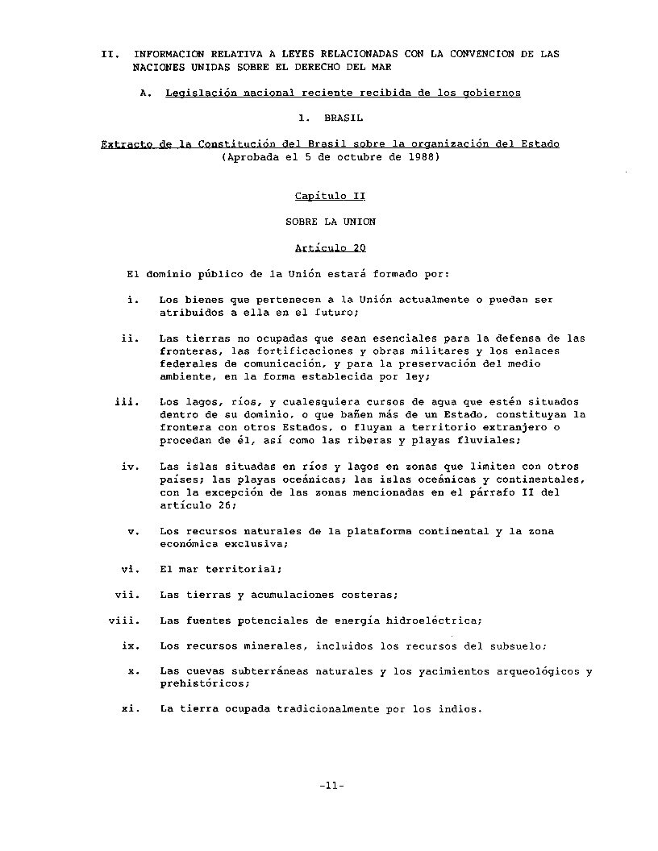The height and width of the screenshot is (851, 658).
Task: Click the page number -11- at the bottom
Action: (x=331, y=786)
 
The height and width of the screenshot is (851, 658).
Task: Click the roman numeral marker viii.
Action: (x=125, y=621)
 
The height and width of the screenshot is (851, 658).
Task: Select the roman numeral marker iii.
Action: (x=127, y=401)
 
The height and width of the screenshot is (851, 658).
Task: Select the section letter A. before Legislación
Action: (x=145, y=93)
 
